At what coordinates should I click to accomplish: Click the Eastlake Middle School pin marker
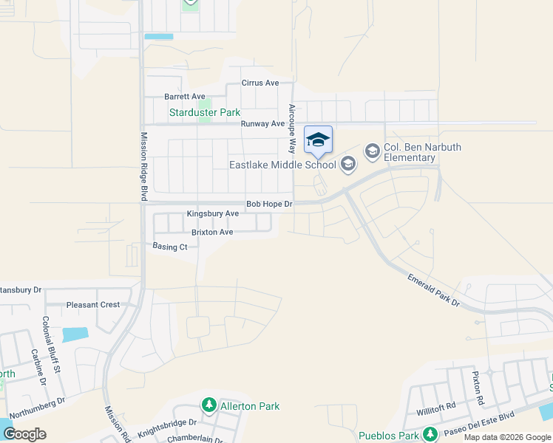(318, 140)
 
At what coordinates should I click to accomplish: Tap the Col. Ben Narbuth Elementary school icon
(372, 151)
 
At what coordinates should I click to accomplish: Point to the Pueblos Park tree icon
(430, 435)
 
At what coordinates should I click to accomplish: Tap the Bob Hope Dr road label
(269, 204)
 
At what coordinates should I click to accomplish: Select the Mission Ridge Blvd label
(144, 167)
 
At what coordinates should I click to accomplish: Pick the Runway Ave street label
(262, 124)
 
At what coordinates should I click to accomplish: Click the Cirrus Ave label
(260, 83)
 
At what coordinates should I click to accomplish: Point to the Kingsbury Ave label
(212, 213)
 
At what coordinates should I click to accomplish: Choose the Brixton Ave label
(212, 232)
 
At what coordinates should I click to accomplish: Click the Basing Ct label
(170, 247)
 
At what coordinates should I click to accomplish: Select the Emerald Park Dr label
(433, 289)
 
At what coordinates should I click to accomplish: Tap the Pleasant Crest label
(93, 304)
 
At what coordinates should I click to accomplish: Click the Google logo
(24, 433)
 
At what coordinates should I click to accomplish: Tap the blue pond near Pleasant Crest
(75, 334)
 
